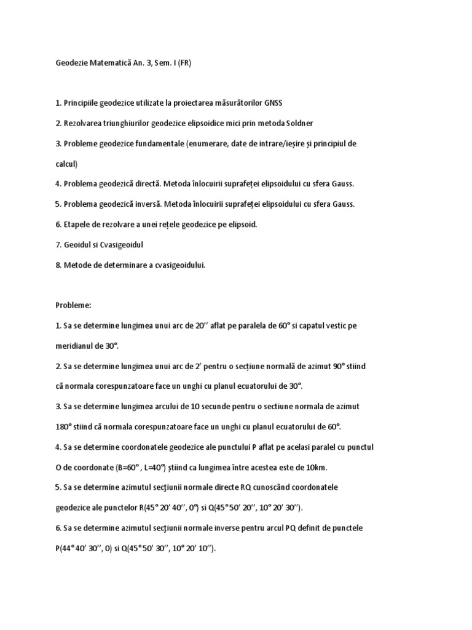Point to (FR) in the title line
tap(183, 63)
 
